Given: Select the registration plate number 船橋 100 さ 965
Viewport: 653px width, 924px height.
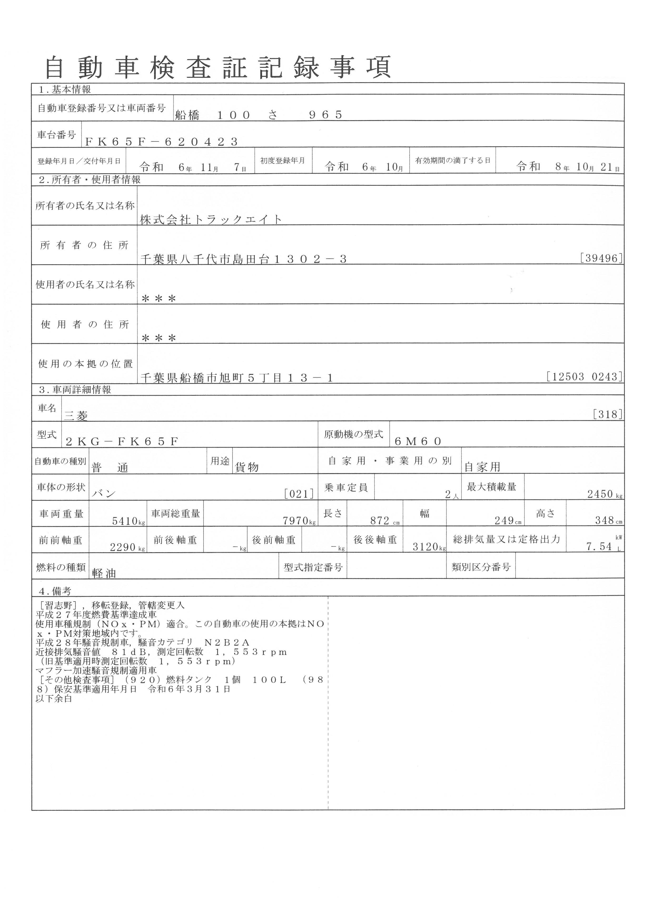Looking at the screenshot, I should (259, 115).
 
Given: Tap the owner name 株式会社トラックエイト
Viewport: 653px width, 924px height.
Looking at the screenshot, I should (211, 219).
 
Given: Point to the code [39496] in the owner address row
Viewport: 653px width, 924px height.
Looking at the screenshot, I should (601, 258).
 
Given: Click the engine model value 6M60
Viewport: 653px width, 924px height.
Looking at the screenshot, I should (418, 442).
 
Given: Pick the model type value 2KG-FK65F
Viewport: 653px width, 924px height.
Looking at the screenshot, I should (121, 442).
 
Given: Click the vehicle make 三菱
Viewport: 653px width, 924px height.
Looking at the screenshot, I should (76, 416).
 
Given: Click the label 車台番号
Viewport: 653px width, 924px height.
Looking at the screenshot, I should (57, 135).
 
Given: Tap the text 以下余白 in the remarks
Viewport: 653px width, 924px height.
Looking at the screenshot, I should (54, 699).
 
